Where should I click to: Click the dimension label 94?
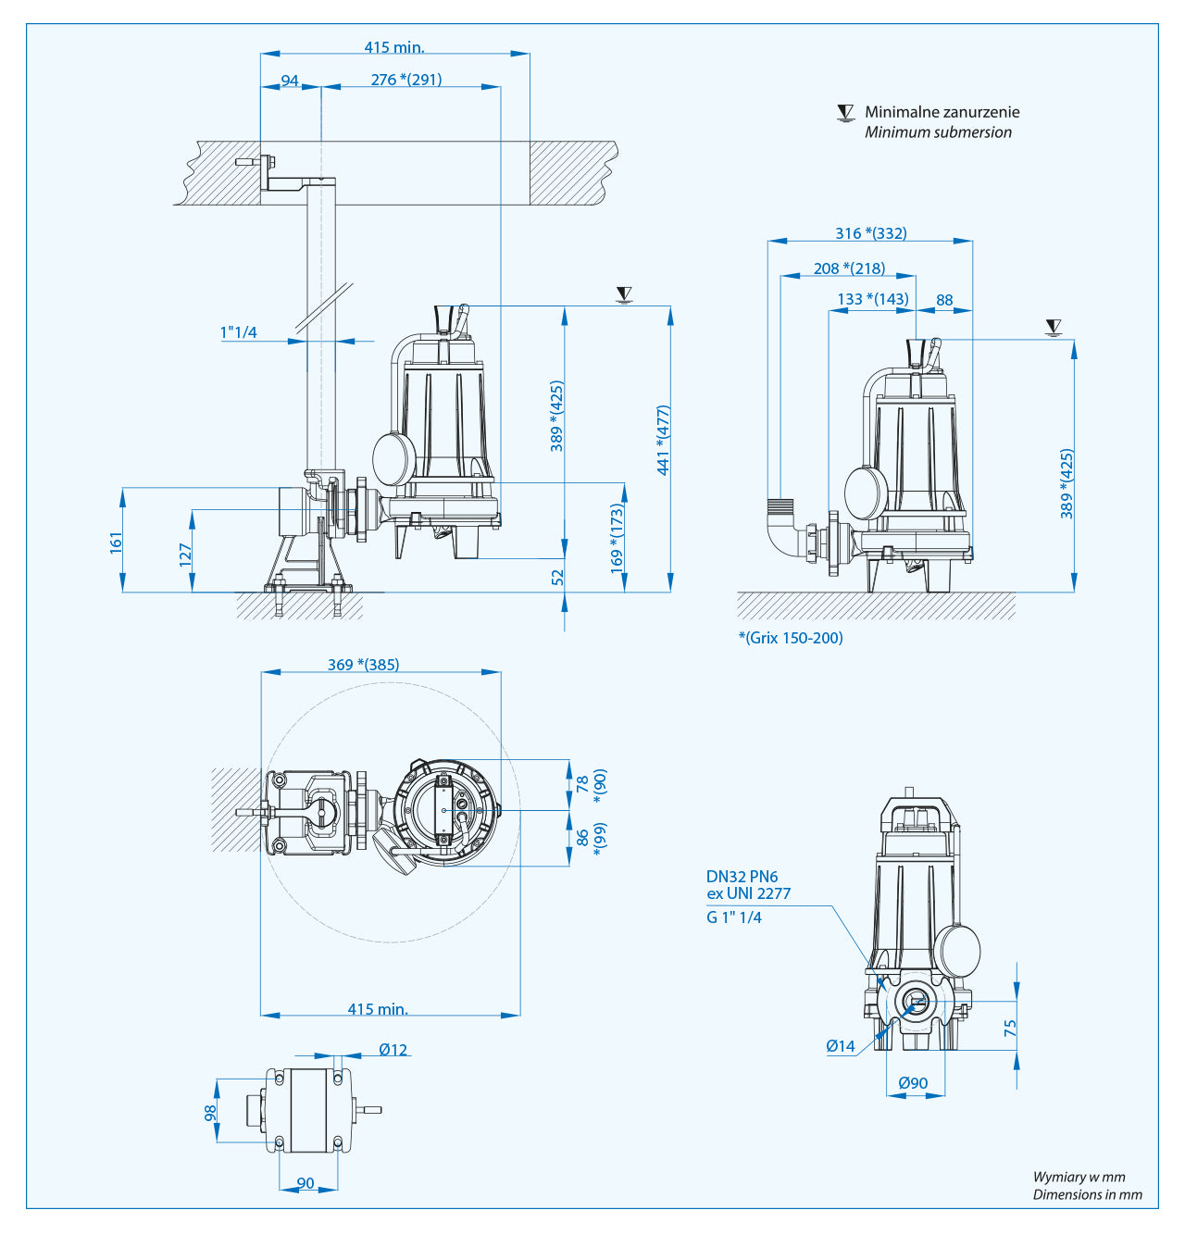[x=290, y=81]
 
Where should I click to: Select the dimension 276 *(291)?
[x=406, y=80]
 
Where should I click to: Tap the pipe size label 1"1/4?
[x=239, y=332]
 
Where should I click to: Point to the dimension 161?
[x=116, y=543]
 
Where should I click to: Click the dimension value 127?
[x=186, y=555]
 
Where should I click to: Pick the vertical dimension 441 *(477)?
[x=663, y=441]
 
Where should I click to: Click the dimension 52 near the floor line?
[x=557, y=577]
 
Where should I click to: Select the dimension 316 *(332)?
[x=871, y=233]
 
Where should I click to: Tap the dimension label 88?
[x=944, y=300]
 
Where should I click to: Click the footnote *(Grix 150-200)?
[x=791, y=638]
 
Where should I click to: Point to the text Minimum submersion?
[x=938, y=132]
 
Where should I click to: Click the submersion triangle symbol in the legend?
[x=845, y=113]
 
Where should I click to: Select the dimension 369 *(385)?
[x=363, y=665]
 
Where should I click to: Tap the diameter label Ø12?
[x=393, y=1050]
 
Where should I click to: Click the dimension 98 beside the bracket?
[x=210, y=1112]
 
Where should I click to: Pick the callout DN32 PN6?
[x=742, y=877]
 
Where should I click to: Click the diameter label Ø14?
[x=841, y=1046]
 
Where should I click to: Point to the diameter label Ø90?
[x=913, y=1083]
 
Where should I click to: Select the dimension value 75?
[x=1010, y=1029]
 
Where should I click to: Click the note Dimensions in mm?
[x=1087, y=1194]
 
